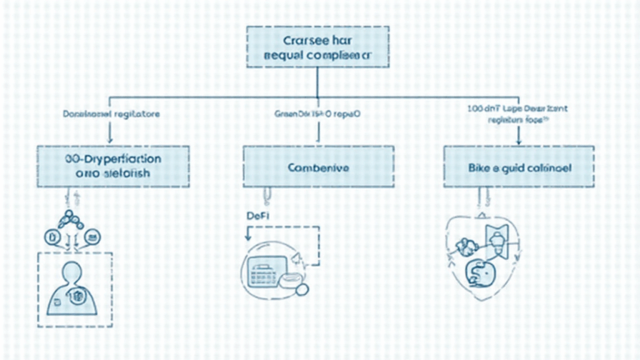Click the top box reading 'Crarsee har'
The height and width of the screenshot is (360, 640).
(x=317, y=47)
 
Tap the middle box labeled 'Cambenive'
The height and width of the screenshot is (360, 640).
(x=318, y=167)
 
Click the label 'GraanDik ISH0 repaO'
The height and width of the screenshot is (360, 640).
(x=317, y=111)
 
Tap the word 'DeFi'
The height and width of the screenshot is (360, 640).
(x=258, y=216)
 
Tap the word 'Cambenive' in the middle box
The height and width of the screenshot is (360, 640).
(x=318, y=167)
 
